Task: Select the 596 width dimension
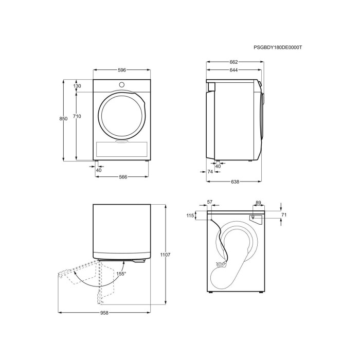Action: click(122, 70)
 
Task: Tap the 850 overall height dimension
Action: click(63, 118)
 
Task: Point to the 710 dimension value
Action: click(77, 116)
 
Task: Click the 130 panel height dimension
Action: click(77, 86)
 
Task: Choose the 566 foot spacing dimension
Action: click(123, 177)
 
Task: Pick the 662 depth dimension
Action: click(233, 62)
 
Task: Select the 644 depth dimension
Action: click(233, 70)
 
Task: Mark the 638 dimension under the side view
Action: click(235, 182)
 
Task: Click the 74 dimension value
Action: click(210, 171)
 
